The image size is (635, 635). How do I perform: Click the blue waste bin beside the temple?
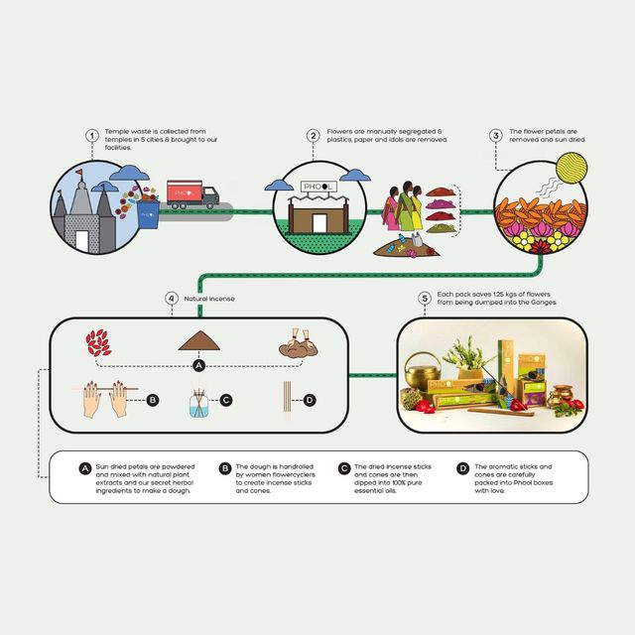149,212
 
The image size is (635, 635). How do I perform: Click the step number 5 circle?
425,297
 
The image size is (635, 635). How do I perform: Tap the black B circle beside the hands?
153,400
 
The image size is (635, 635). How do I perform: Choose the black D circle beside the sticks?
310,400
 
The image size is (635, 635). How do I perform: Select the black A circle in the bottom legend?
87,466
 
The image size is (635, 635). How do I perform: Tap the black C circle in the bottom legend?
343,466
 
